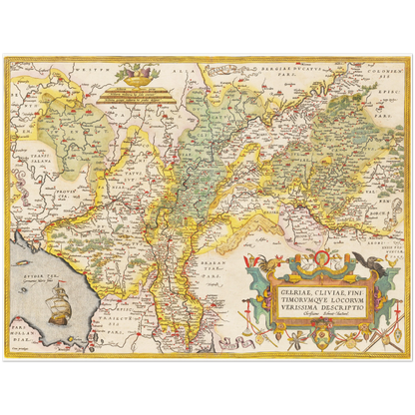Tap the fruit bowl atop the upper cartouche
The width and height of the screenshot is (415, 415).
click(134, 73)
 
